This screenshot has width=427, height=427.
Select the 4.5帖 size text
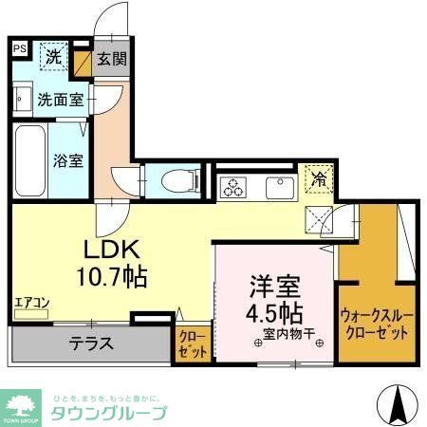276,311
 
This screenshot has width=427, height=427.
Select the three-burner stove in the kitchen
233,187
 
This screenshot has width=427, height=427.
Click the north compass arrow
399,405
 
